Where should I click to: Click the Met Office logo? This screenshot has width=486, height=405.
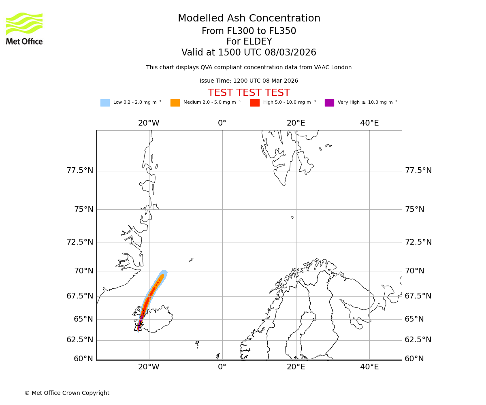pyautogui.click(x=24, y=28)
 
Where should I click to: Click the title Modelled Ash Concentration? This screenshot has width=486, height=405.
pyautogui.click(x=249, y=19)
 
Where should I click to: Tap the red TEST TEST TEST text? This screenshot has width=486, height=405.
pyautogui.click(x=249, y=93)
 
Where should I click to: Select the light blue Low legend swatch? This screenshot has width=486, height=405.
pyautogui.click(x=105, y=103)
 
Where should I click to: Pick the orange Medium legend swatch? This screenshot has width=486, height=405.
pyautogui.click(x=175, y=103)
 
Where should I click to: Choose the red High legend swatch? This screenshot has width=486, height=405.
pyautogui.click(x=255, y=103)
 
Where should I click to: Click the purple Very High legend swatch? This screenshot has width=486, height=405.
pyautogui.click(x=329, y=103)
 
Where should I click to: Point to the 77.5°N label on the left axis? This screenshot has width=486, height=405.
pyautogui.click(x=80, y=171)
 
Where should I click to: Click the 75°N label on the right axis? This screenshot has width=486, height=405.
pyautogui.click(x=415, y=209)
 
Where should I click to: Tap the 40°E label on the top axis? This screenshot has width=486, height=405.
pyautogui.click(x=369, y=123)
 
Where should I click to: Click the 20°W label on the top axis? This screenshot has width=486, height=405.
pyautogui.click(x=149, y=123)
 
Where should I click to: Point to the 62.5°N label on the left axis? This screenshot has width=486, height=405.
pyautogui.click(x=80, y=340)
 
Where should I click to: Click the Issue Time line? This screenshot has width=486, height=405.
pyautogui.click(x=249, y=81)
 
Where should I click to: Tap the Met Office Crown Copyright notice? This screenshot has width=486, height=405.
pyautogui.click(x=67, y=393)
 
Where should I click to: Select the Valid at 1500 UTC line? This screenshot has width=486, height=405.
pyautogui.click(x=249, y=53)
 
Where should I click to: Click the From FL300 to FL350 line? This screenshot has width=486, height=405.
pyautogui.click(x=249, y=31)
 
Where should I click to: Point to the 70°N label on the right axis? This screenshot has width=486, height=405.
pyautogui.click(x=415, y=271)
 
